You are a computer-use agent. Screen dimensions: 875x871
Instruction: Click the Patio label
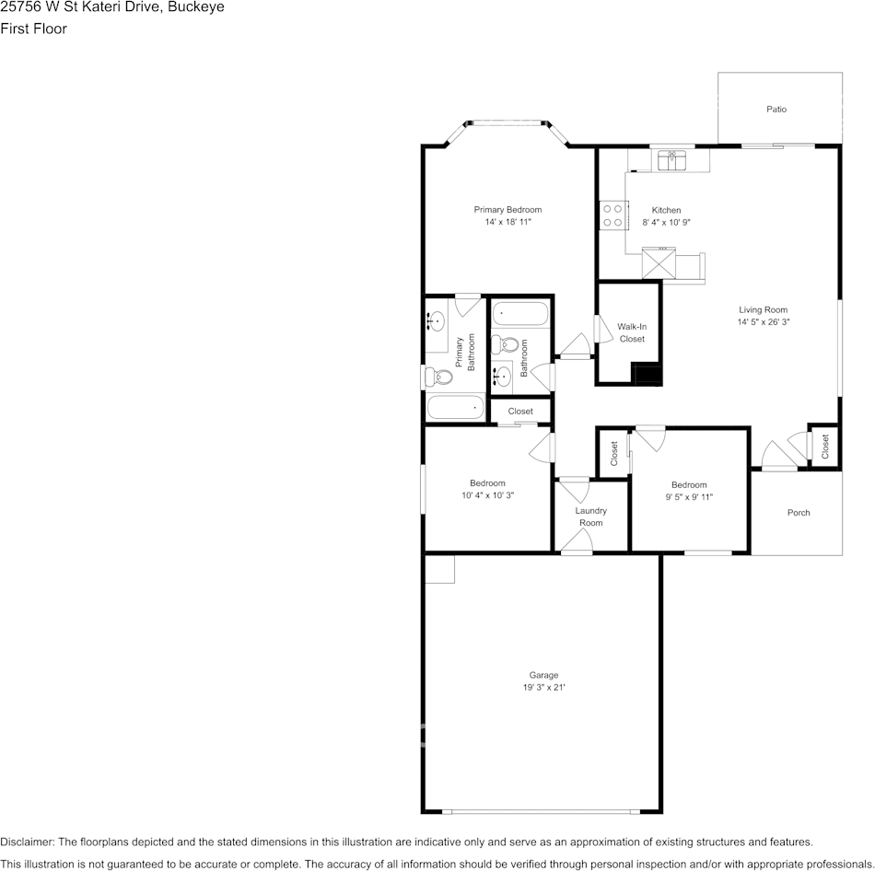point(776,110)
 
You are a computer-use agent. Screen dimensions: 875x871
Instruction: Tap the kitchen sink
point(671,160)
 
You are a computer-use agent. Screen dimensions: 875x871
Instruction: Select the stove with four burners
point(613,215)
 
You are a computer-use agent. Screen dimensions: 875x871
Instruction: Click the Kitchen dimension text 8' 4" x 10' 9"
point(666,222)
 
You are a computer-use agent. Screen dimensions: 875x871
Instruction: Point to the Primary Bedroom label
point(507,210)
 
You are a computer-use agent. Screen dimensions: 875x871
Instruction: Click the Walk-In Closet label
point(632,332)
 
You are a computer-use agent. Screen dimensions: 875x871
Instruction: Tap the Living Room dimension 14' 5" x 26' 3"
point(763,322)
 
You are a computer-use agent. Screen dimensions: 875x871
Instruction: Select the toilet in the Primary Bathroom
point(438,377)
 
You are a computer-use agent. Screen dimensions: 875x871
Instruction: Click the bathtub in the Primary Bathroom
point(455,407)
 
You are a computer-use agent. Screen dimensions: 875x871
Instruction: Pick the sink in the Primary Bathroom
point(436,321)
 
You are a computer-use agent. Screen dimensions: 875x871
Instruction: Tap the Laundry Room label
point(591,517)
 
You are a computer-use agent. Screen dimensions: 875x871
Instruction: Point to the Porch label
point(799,513)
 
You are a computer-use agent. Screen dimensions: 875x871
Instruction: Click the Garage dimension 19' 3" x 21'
point(544,688)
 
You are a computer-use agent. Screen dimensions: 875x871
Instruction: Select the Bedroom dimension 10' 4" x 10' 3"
point(488,495)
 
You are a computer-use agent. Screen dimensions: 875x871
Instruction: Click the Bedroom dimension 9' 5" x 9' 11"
point(689,497)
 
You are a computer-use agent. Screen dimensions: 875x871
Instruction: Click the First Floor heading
point(33,29)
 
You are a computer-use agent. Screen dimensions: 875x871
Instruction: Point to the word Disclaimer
point(28,842)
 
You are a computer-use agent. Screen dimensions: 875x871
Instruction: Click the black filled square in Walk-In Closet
point(647,374)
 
